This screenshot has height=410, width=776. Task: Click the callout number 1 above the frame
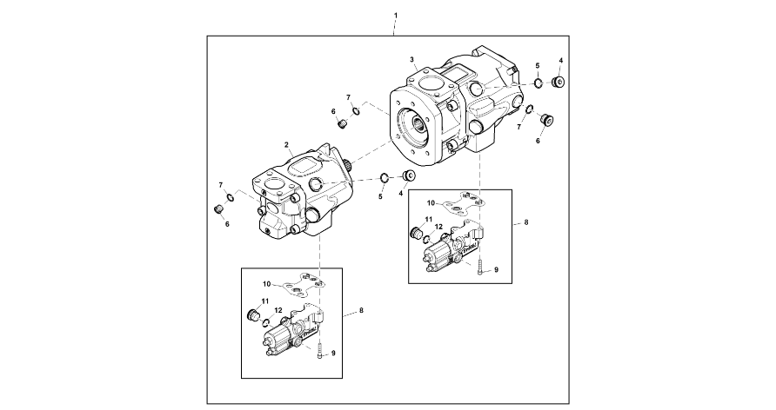(x=396, y=17)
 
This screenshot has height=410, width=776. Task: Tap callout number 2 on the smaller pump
(x=286, y=145)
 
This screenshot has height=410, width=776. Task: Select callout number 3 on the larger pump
(x=411, y=59)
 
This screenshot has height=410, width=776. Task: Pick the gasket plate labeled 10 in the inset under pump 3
(x=462, y=203)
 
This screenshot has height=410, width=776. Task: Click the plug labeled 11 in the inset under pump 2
(x=254, y=314)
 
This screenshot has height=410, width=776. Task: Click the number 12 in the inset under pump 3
(x=438, y=227)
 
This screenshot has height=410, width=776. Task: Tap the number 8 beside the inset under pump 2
(x=361, y=310)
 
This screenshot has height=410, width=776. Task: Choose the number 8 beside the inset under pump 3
(x=526, y=222)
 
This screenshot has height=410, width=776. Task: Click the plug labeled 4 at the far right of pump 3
(x=559, y=81)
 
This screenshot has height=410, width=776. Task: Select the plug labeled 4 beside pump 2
(x=408, y=175)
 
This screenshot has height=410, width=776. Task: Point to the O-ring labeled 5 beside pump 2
(x=385, y=177)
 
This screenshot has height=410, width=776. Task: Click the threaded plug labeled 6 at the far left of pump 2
(x=217, y=209)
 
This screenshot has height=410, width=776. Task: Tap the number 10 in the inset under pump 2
(x=267, y=283)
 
